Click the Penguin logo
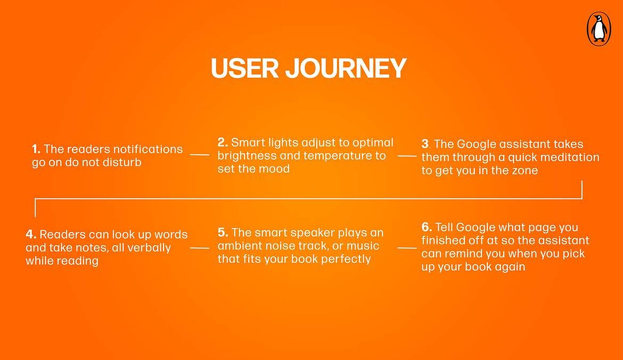click(x=599, y=28)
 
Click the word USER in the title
click(x=244, y=68)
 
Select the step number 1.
click(x=36, y=149)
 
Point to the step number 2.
click(x=223, y=142)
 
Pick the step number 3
click(x=426, y=144)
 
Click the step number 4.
click(x=31, y=234)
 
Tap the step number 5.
click(x=223, y=233)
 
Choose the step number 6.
click(x=427, y=227)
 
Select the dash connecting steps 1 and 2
click(x=200, y=155)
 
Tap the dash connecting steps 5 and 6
click(x=407, y=248)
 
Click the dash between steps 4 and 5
click(x=200, y=248)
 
